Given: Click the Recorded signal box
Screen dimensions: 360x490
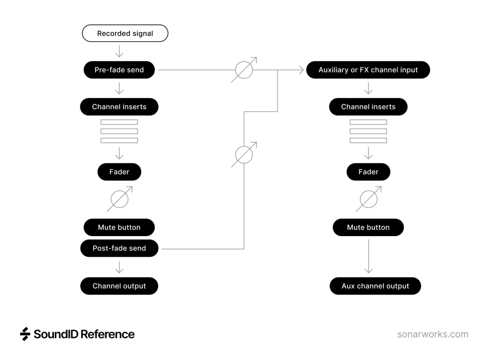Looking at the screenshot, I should (125, 33).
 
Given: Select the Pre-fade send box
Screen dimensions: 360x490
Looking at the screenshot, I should (119, 70).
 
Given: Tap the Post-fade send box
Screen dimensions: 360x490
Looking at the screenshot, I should (119, 248).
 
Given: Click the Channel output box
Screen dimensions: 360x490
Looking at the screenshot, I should (119, 286).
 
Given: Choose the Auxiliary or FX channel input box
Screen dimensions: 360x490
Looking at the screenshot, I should (368, 70).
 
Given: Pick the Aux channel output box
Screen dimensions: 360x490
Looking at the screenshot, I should (375, 286).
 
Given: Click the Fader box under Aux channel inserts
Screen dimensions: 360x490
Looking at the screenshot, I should (368, 172).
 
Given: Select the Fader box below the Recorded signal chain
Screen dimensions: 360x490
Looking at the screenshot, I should (119, 172).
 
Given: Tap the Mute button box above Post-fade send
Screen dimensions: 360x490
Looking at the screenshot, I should (119, 227).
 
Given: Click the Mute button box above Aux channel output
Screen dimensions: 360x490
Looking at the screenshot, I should (368, 227).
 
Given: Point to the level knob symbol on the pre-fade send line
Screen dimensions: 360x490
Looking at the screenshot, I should (244, 70).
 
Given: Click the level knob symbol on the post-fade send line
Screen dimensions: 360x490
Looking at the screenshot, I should (244, 155).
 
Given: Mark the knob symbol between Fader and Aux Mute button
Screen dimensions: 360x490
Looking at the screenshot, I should (368, 199).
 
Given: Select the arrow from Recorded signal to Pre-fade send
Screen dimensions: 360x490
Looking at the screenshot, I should (119, 51).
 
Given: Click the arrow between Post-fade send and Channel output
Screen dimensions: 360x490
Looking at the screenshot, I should (119, 267).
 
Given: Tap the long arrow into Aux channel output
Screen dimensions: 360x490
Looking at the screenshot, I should (368, 258).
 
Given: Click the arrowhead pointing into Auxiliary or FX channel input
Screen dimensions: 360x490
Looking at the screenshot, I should (300, 70).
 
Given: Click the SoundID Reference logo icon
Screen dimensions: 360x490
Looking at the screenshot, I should (25, 334).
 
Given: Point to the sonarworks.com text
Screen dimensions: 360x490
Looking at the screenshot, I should (433, 335).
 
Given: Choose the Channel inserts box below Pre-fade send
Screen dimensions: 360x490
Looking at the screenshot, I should (119, 107).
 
